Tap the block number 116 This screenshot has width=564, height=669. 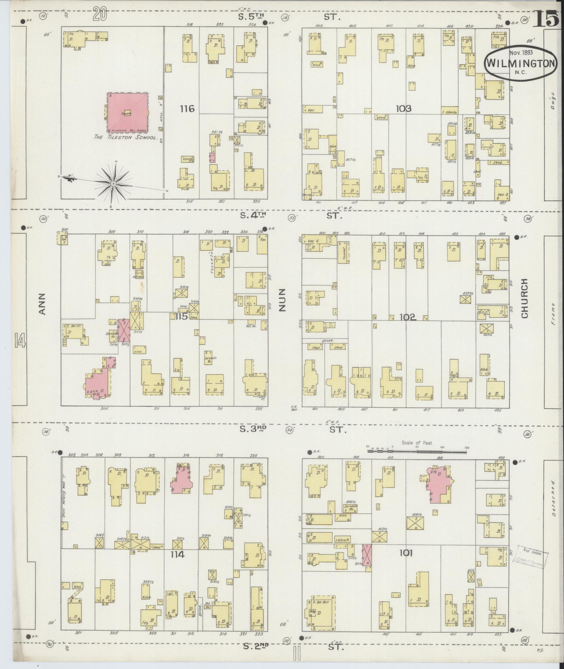click(x=187, y=109)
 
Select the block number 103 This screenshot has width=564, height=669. click(x=404, y=109)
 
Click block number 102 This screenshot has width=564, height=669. click(x=407, y=317)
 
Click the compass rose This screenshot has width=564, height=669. click(x=114, y=183)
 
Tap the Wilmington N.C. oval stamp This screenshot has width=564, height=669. click(x=520, y=63)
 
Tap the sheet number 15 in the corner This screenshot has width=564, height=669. click(x=547, y=18)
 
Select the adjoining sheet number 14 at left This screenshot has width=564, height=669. click(x=20, y=340)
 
